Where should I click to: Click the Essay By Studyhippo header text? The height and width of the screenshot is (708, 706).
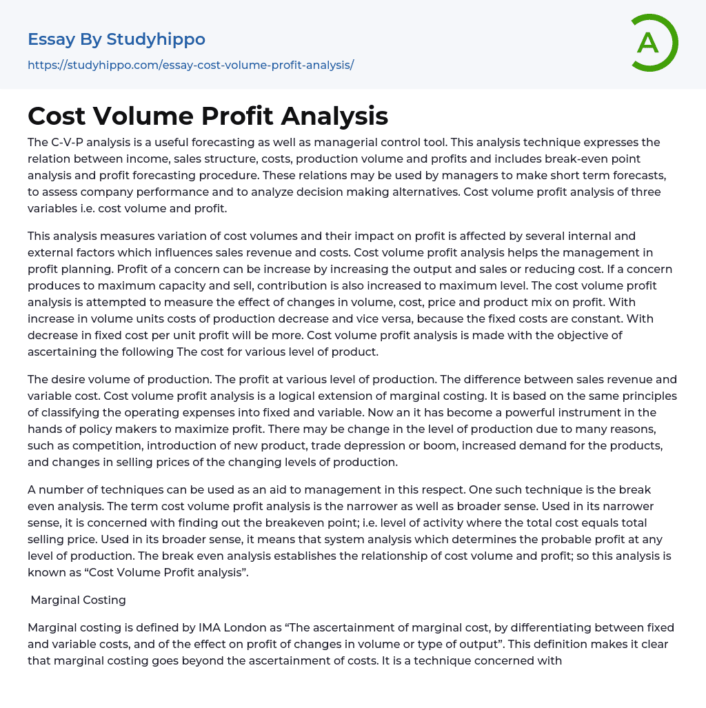[x=117, y=39]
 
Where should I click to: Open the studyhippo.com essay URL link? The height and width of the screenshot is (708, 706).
[x=190, y=65]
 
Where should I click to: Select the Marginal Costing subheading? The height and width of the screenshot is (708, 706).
[x=79, y=600]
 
